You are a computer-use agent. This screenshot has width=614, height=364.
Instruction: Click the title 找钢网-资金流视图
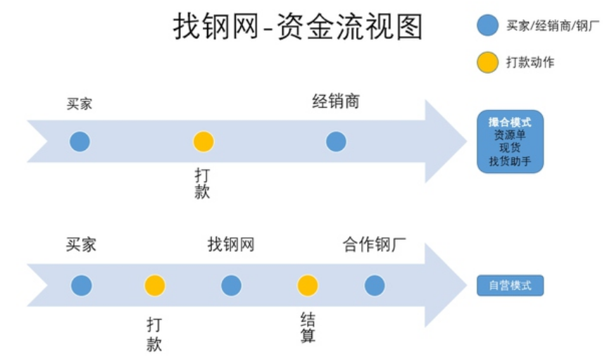[x=298, y=27]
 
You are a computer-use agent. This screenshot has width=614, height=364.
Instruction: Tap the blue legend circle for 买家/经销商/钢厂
[x=488, y=26]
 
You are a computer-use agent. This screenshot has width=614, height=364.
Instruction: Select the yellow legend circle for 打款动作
[x=488, y=63]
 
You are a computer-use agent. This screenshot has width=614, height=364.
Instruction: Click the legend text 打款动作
[x=530, y=63]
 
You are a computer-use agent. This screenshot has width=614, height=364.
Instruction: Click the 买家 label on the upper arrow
[x=80, y=104]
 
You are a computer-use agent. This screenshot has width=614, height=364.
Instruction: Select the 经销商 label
[x=336, y=101]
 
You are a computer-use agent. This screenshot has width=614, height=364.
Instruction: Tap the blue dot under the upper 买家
[x=80, y=142]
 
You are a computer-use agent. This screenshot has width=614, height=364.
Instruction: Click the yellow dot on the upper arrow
[x=203, y=142]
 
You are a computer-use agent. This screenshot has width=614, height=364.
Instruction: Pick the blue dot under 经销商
[x=336, y=142]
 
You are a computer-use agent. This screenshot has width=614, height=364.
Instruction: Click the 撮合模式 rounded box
[x=510, y=142]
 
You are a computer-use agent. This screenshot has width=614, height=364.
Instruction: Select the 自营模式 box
[x=510, y=286]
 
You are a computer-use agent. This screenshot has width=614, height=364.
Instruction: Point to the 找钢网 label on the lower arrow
[x=231, y=245]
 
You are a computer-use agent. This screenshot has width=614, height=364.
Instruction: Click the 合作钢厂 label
[x=375, y=245]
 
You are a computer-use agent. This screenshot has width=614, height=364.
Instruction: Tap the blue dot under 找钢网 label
[x=231, y=285]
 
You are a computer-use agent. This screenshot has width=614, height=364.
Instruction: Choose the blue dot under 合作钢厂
[x=375, y=285]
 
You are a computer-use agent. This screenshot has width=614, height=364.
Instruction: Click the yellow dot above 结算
[x=308, y=285]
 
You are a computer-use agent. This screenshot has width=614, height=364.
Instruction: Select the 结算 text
[x=308, y=328]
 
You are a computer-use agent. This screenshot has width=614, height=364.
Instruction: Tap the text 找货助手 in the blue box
[x=510, y=162]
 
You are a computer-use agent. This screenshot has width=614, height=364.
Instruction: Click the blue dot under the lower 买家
[x=82, y=285]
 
